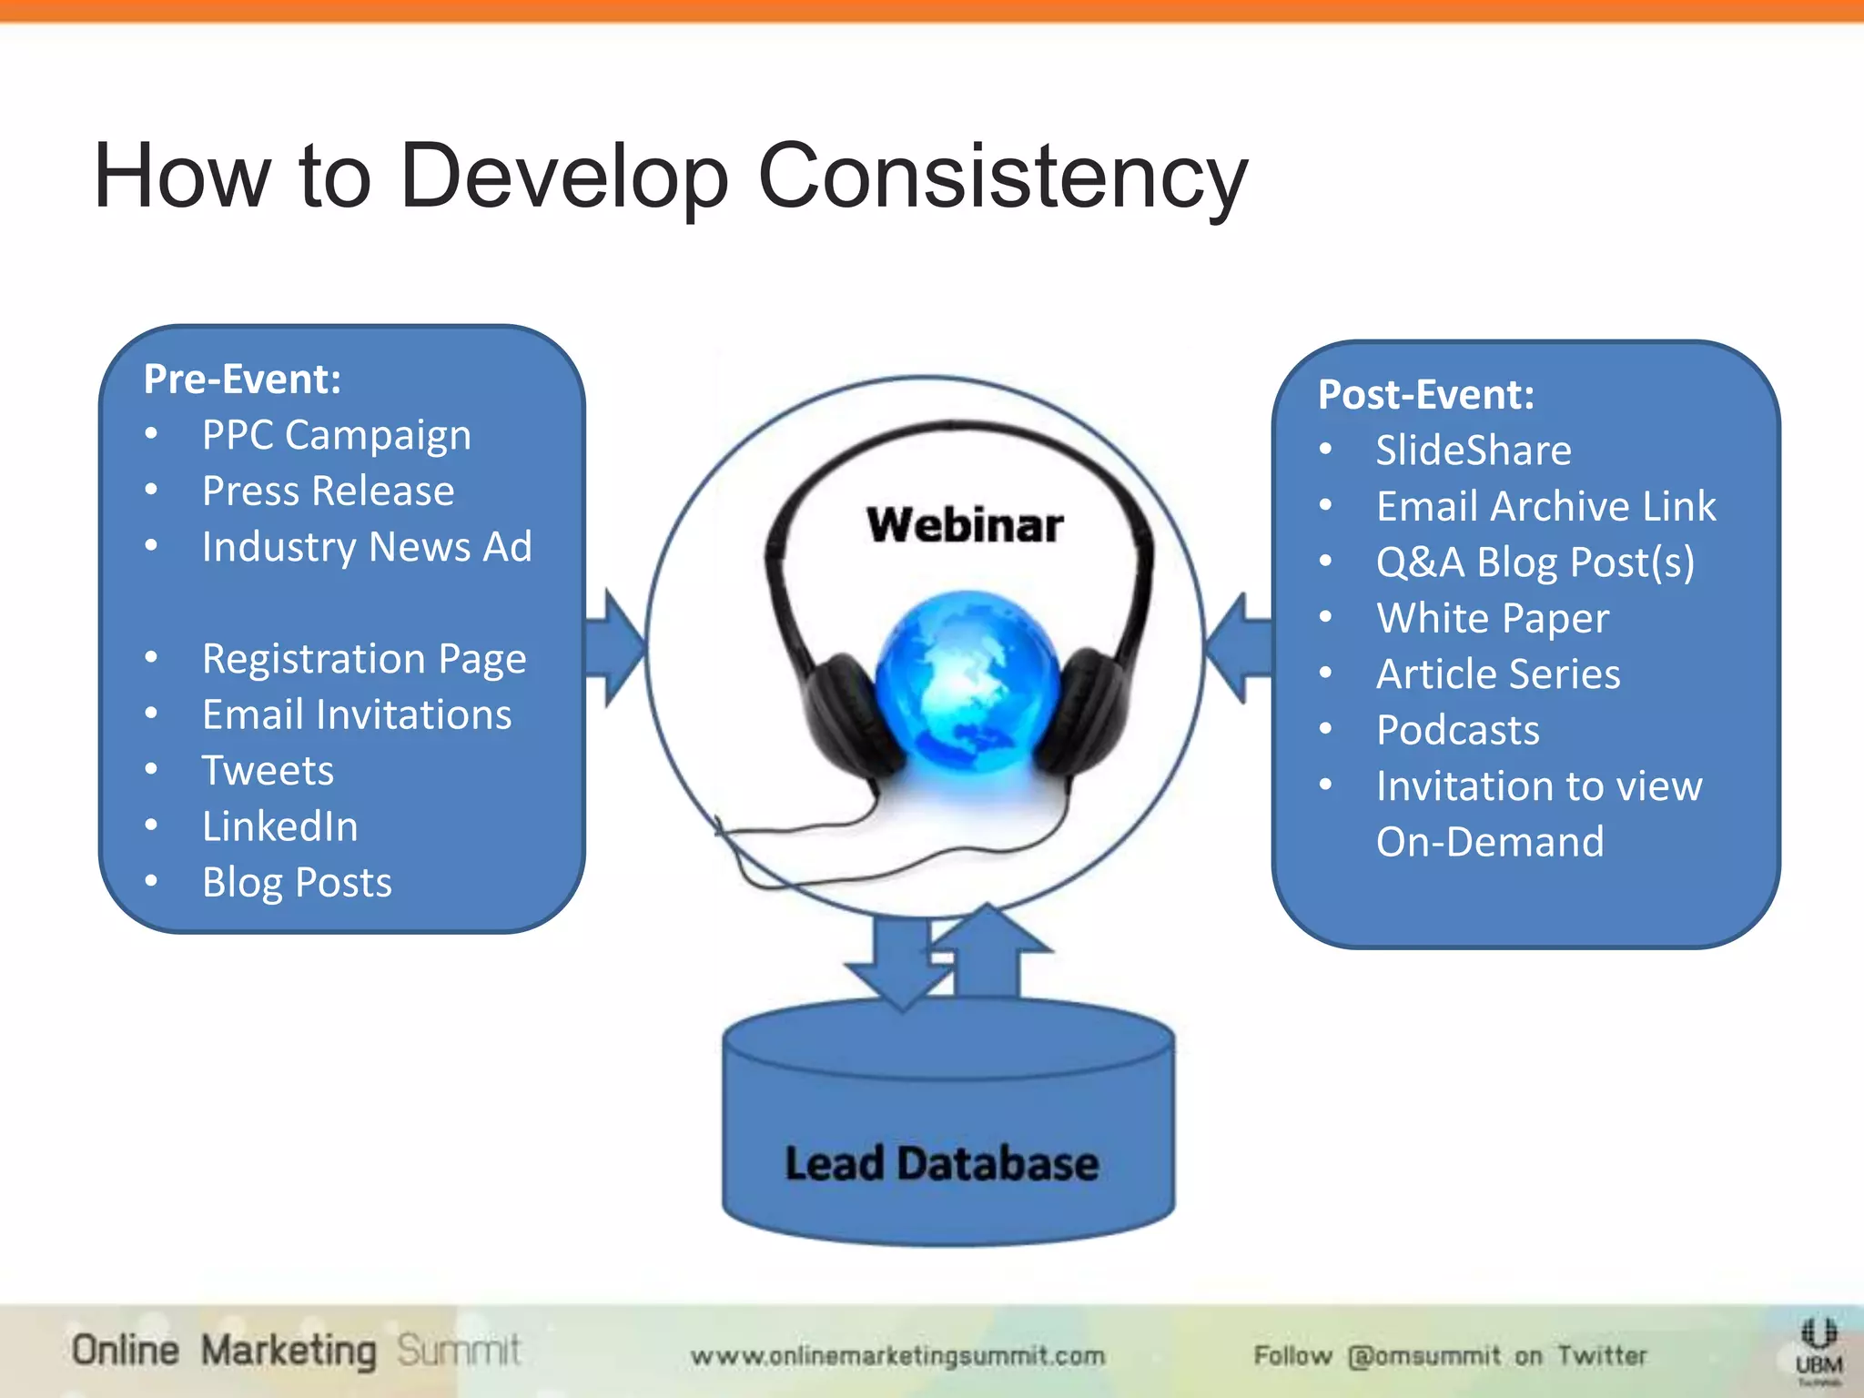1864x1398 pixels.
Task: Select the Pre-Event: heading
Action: [242, 380]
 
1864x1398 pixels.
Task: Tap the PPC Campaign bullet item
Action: [336, 435]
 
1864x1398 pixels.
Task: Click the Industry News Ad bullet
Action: [366, 547]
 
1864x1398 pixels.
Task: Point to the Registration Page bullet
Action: [364, 659]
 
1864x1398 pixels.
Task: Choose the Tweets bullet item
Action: [268, 771]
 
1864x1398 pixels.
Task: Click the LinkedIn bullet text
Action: [279, 826]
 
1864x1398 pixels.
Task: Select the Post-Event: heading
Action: [1425, 395]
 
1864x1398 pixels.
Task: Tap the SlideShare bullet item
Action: [1473, 451]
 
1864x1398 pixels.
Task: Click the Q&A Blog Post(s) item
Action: [1535, 562]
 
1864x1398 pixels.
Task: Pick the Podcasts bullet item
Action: [1457, 730]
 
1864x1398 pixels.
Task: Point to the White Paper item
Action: [1492, 619]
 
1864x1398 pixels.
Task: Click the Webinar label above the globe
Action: [965, 525]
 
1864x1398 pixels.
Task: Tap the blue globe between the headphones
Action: [967, 678]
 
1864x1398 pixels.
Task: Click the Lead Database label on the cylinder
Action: [942, 1164]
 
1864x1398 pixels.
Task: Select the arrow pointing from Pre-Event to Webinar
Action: [615, 648]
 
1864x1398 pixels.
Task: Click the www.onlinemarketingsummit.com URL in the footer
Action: [897, 1356]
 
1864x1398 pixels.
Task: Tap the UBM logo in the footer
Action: [1818, 1352]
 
